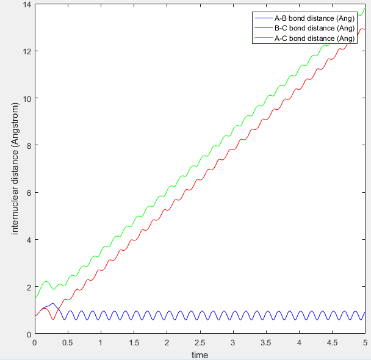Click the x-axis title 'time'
pos(200,355)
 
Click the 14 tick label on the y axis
pos(26,5)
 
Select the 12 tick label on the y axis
pos(26,51)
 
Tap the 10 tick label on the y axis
pos(26,98)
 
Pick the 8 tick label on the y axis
pos(28,145)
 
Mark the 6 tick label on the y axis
pos(28,193)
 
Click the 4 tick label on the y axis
pos(28,240)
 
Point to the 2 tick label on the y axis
pos(28,287)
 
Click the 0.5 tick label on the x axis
pos(68,342)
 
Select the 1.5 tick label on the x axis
pos(134,342)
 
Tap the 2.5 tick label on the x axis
pos(200,342)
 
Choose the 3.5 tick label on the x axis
pos(266,342)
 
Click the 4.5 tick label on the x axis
pos(332,342)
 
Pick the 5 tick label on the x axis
pos(365,342)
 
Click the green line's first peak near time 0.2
pos(46,281)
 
